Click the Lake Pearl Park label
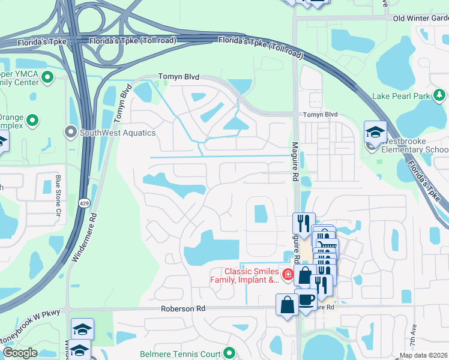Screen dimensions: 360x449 (x=402, y=96)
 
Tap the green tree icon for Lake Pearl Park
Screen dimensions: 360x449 (x=440, y=95)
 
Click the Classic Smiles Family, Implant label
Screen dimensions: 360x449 (x=244, y=275)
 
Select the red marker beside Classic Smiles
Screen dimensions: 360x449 (x=288, y=275)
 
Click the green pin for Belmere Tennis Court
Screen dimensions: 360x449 (x=229, y=353)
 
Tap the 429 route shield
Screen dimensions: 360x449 (x=83, y=203)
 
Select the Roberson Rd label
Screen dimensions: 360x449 (x=183, y=308)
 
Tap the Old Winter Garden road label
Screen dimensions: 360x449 (x=420, y=19)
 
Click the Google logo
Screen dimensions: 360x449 (x=20, y=353)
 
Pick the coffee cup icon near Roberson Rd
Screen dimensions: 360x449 (x=307, y=299)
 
